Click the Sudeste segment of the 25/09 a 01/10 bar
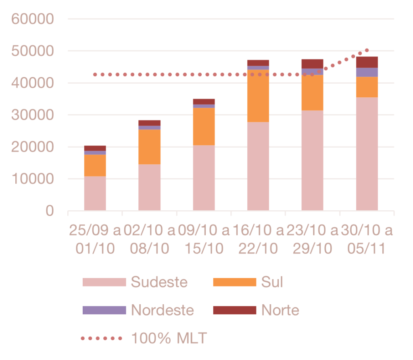(x=95, y=193)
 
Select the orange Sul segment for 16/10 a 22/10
(x=258, y=96)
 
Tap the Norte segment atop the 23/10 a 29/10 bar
(x=313, y=63)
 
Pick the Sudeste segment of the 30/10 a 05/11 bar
(x=367, y=154)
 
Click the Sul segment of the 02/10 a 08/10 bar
(x=150, y=147)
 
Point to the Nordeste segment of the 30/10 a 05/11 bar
(x=367, y=72)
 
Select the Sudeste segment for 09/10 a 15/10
(x=204, y=178)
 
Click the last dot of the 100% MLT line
(x=367, y=50)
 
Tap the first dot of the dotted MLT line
(x=94, y=75)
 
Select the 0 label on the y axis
(x=50, y=211)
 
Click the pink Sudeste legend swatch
(x=104, y=282)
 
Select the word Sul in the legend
(x=272, y=282)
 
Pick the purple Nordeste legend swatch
(x=104, y=310)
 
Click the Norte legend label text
(x=280, y=310)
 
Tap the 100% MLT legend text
(x=169, y=338)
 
